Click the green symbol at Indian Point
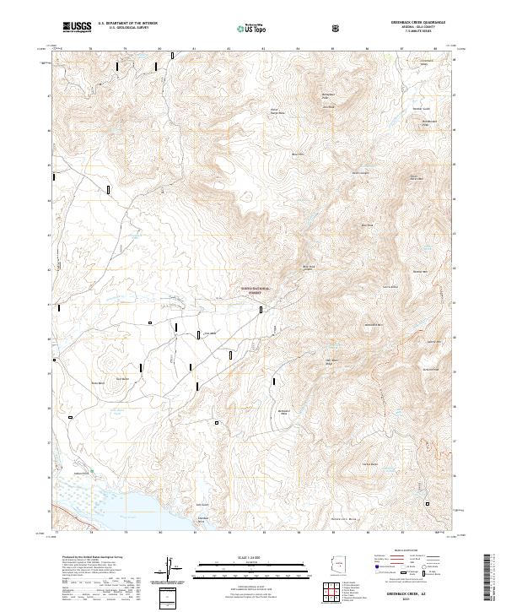click(x=92, y=470)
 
